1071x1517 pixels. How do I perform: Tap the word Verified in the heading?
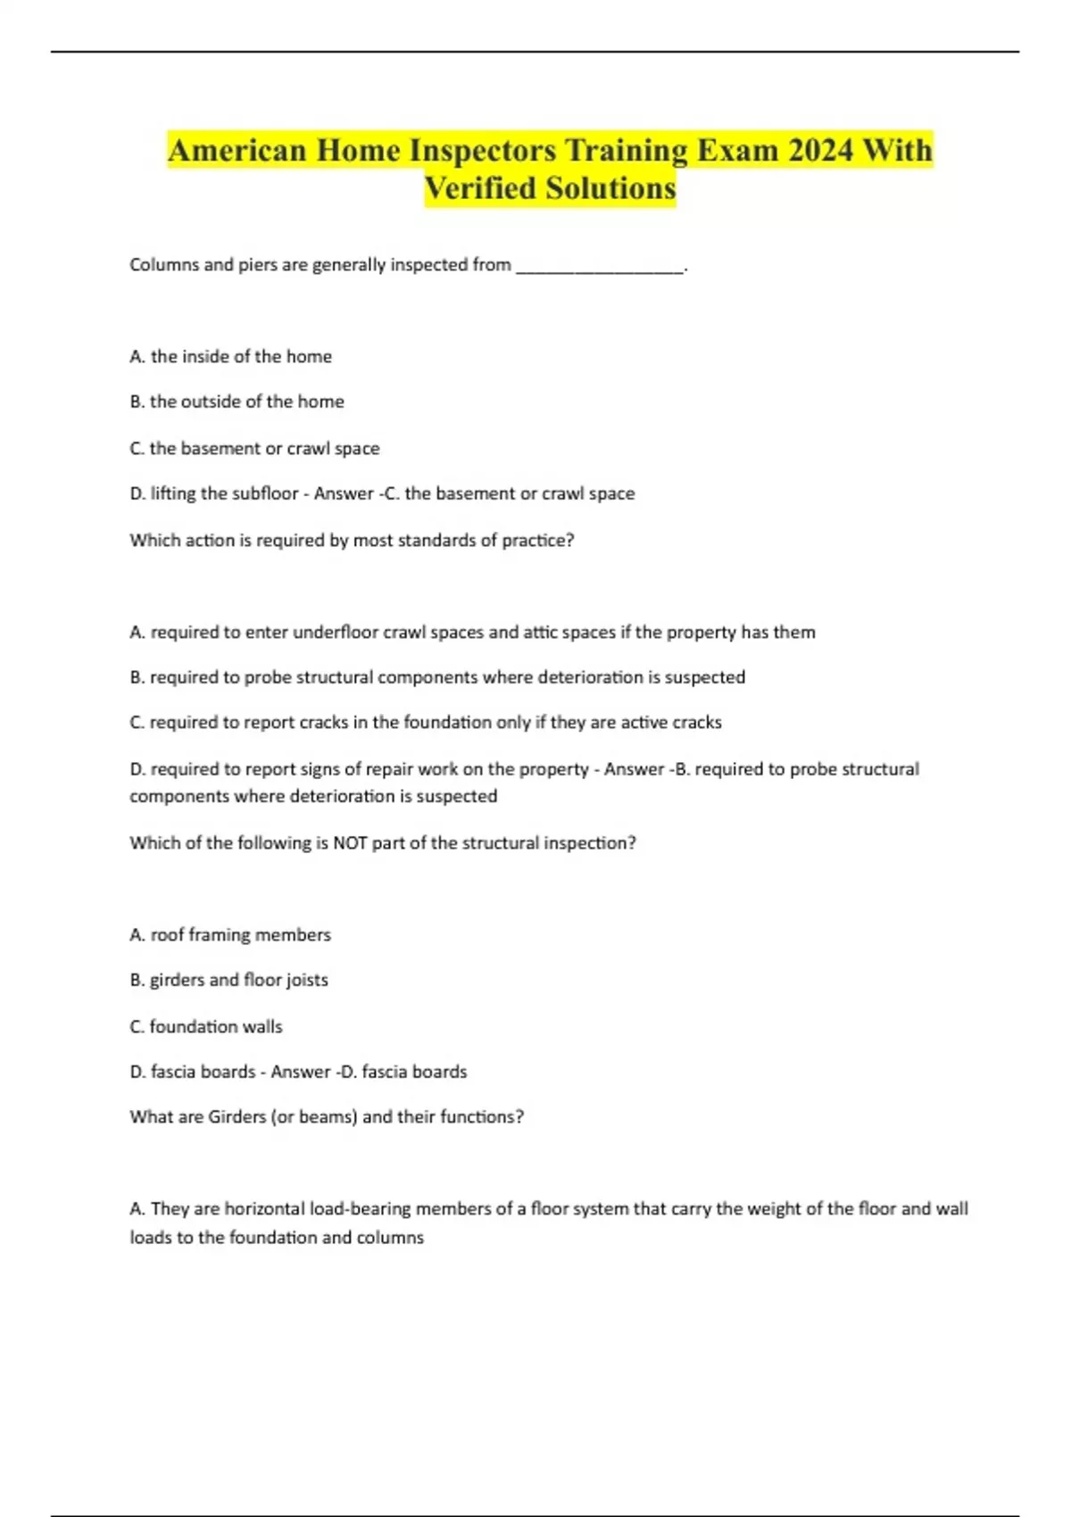click(480, 188)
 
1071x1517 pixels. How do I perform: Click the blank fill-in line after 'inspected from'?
click(600, 266)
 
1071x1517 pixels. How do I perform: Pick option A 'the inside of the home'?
click(230, 356)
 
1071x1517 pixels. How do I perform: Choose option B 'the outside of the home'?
click(237, 402)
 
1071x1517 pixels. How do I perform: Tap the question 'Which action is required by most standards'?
click(352, 540)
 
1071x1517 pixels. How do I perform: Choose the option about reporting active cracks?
click(426, 722)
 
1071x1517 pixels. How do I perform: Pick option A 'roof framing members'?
click(230, 934)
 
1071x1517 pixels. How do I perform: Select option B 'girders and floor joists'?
click(228, 980)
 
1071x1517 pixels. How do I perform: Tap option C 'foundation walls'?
click(206, 1026)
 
